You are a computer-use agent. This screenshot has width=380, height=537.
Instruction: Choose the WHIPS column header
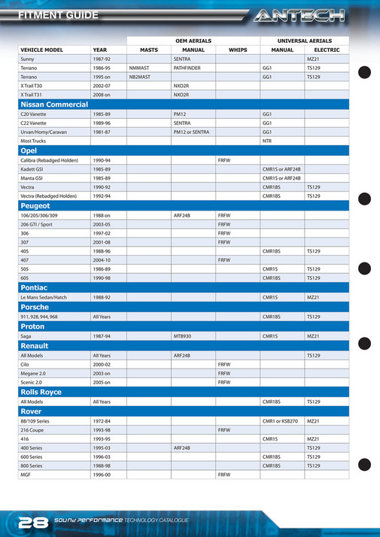pyautogui.click(x=238, y=50)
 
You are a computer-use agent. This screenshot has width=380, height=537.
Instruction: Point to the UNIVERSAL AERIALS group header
pyautogui.click(x=304, y=40)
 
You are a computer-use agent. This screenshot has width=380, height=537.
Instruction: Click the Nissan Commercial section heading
pyautogui.click(x=54, y=104)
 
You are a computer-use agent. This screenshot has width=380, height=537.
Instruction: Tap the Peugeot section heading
pyautogui.click(x=35, y=205)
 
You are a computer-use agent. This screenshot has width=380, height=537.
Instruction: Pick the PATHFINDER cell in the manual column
pyautogui.click(x=187, y=67)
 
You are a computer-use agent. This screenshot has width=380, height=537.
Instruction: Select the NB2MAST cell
pyautogui.click(x=140, y=77)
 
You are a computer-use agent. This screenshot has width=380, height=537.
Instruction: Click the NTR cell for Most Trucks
pyautogui.click(x=267, y=141)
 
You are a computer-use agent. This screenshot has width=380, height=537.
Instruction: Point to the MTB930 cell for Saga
pyautogui.click(x=182, y=336)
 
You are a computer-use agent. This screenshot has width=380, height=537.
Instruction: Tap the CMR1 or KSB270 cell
pyautogui.click(x=280, y=420)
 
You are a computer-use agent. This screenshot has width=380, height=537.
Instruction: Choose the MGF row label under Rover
pyautogui.click(x=26, y=475)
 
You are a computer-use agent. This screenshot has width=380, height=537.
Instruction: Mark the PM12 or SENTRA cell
pyautogui.click(x=191, y=132)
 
